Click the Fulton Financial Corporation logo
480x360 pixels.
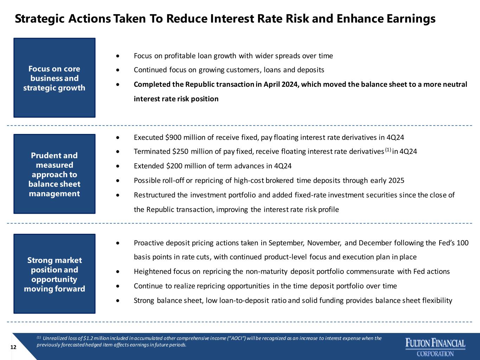click(x=435, y=347)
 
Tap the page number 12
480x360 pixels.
click(x=13, y=347)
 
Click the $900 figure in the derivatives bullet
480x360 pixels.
click(x=173, y=137)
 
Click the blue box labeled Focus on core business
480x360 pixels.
click(x=55, y=78)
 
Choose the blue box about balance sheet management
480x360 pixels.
click(x=55, y=174)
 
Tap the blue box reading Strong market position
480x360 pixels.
click(x=55, y=274)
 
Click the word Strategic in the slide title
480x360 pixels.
click(x=40, y=19)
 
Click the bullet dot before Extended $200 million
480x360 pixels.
click(x=118, y=166)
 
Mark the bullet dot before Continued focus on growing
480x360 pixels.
click(x=118, y=70)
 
